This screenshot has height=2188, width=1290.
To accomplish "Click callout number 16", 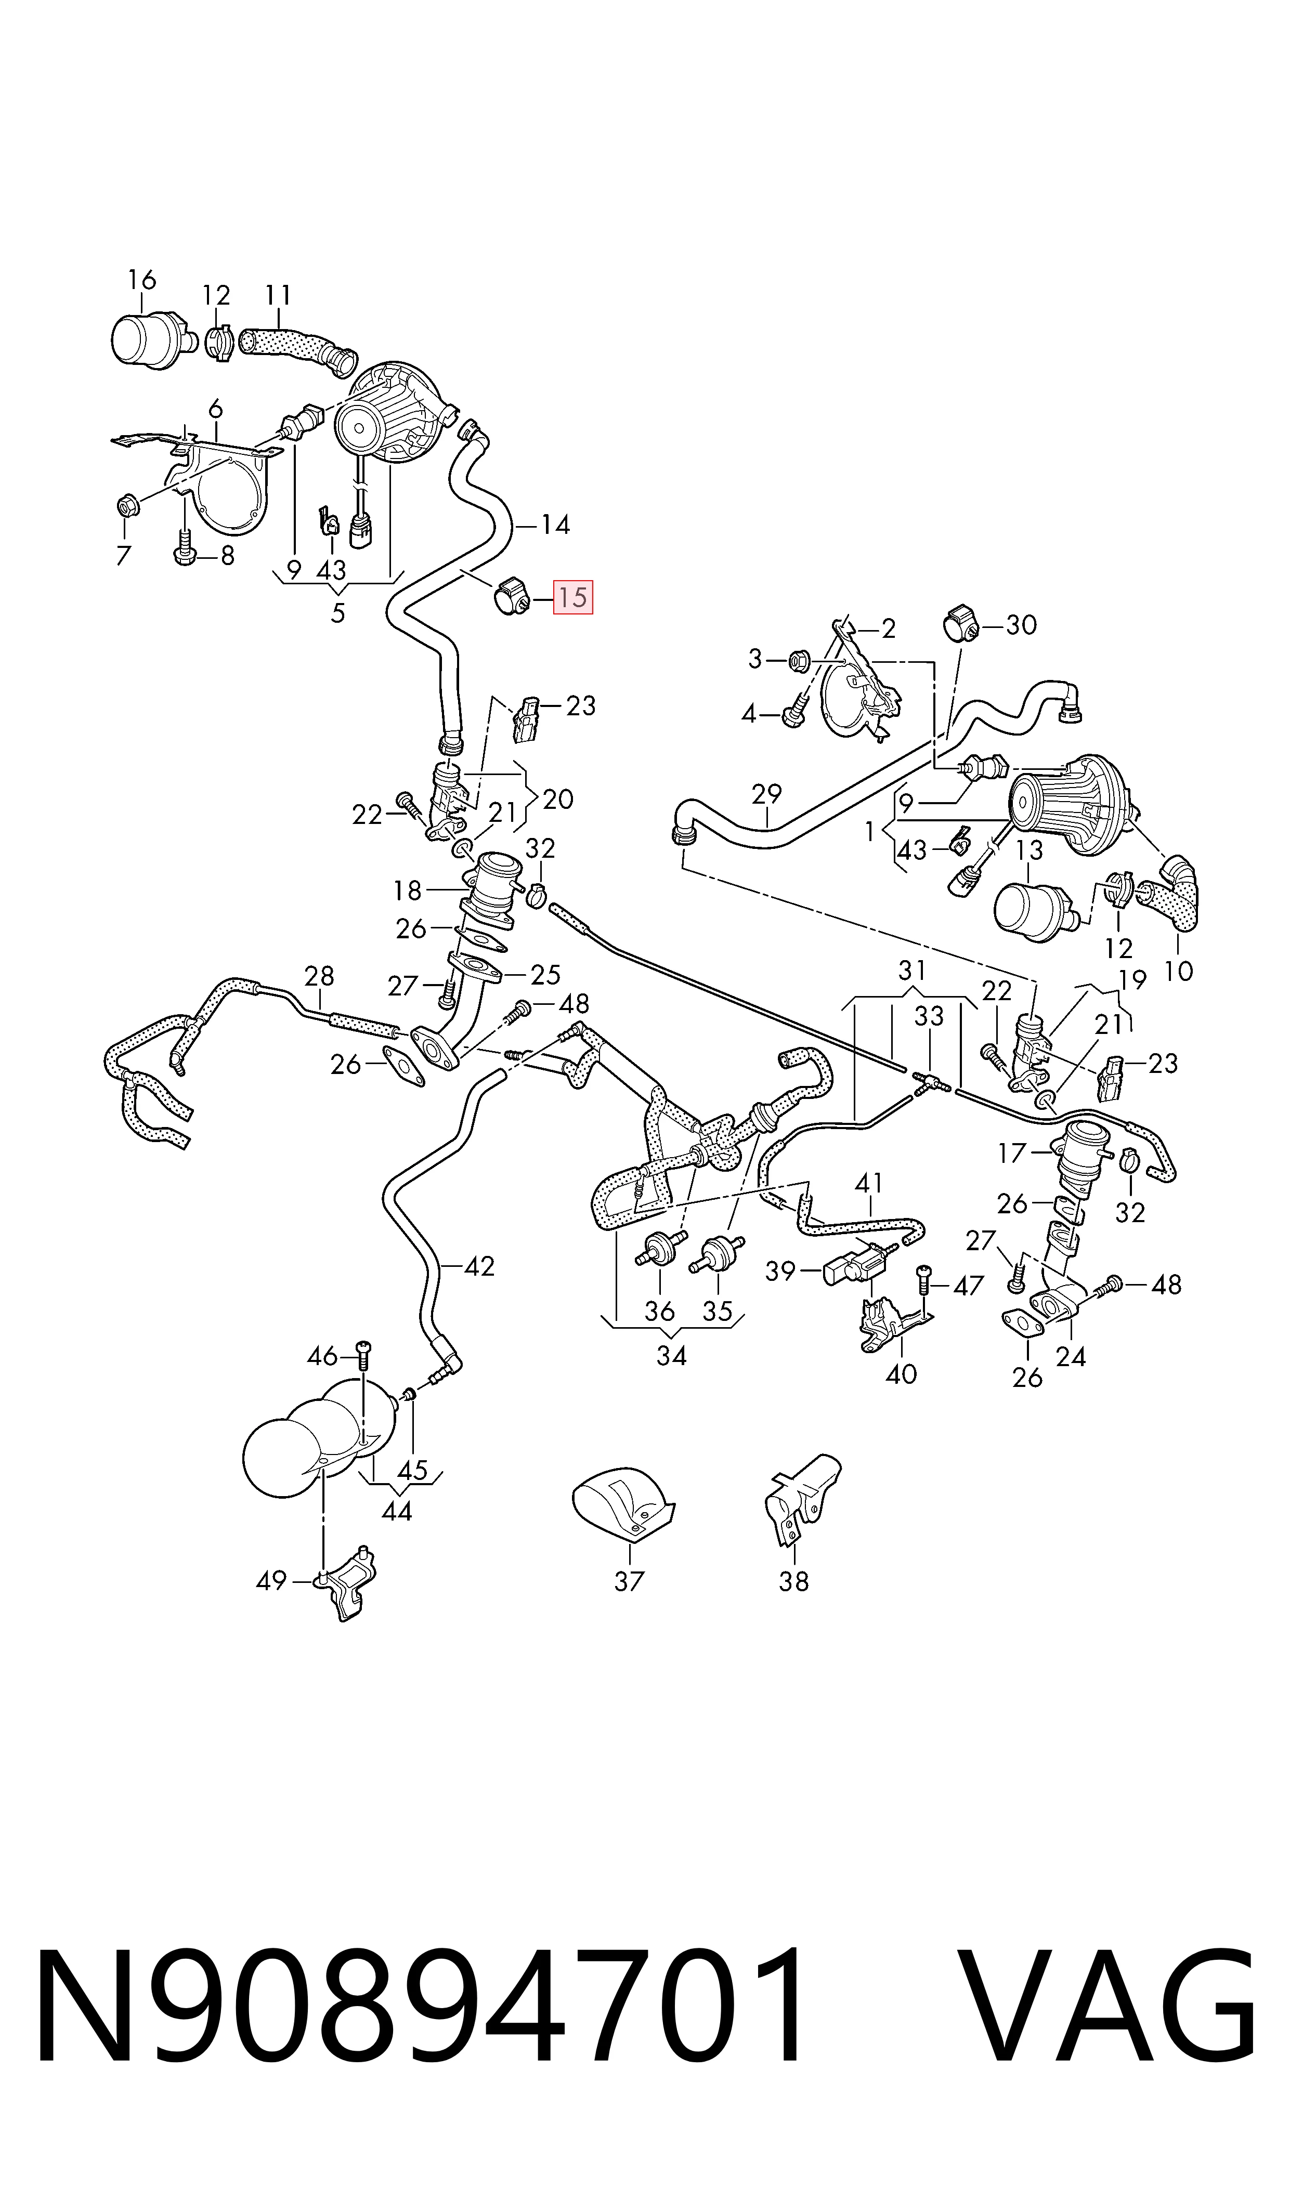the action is (x=142, y=280).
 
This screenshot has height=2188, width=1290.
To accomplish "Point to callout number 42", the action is (x=479, y=1266).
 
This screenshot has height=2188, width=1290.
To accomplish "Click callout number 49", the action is (x=271, y=1580).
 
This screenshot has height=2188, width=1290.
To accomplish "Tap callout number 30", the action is (x=1021, y=625).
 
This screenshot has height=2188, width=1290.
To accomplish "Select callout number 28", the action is (x=319, y=976).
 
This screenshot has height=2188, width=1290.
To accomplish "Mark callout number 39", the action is (x=780, y=1270).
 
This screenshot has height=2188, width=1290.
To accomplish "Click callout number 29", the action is (x=767, y=793).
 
